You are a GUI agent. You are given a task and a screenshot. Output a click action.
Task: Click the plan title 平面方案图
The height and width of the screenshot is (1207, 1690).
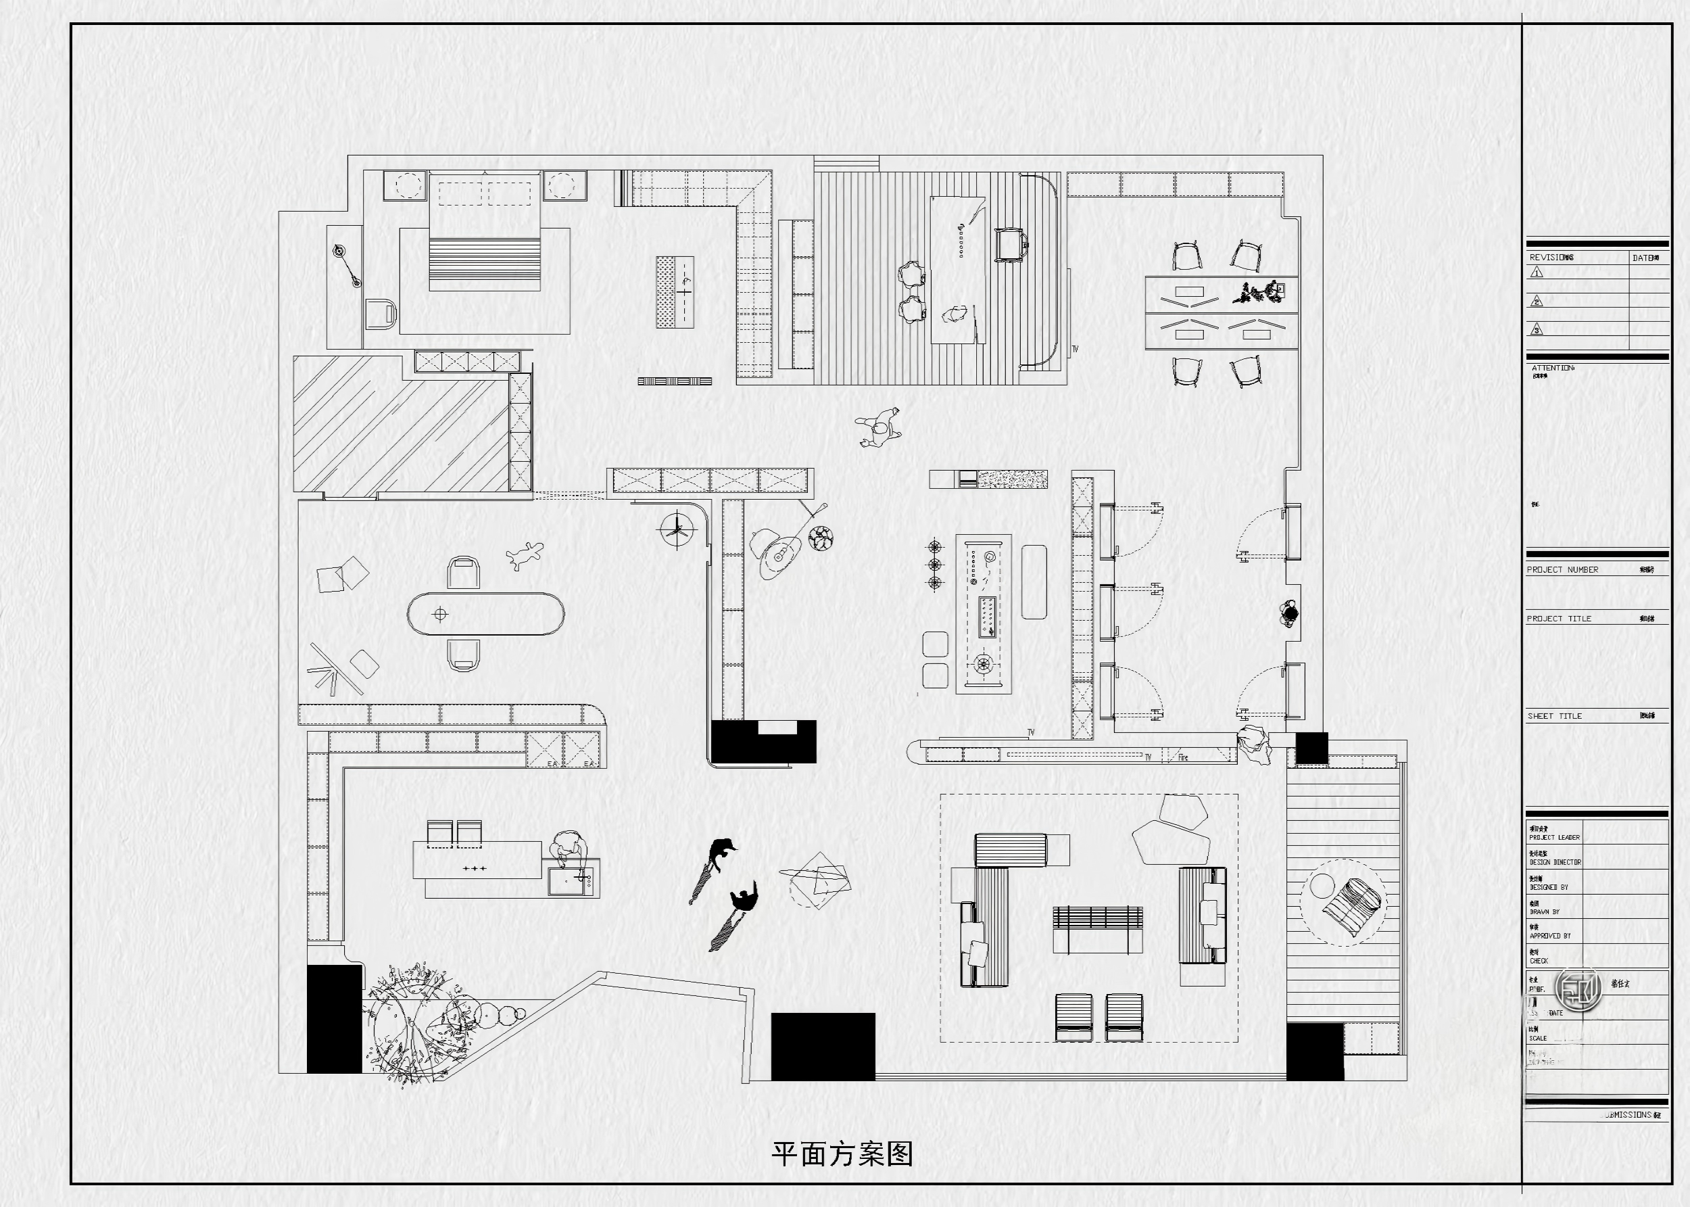(842, 1154)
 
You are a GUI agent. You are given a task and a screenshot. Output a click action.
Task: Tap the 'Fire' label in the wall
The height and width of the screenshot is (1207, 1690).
(1182, 757)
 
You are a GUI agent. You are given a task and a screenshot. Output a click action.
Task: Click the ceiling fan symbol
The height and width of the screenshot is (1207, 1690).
(677, 530)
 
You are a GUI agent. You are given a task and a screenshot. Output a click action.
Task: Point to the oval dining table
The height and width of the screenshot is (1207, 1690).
(485, 614)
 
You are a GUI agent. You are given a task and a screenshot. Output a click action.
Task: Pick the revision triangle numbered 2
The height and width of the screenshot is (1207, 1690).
(1537, 301)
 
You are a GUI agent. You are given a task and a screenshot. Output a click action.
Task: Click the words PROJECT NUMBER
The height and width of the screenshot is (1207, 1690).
(1562, 569)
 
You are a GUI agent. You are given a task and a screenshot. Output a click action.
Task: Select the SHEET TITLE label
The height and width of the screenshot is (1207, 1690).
(1555, 715)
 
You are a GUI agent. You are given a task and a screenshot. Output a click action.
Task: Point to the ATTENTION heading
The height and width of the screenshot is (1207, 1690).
(1553, 368)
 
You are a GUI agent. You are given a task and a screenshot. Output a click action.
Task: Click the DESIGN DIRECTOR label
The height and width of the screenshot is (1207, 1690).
(1555, 862)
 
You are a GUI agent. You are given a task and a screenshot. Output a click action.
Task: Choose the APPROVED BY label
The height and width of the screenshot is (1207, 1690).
(1549, 936)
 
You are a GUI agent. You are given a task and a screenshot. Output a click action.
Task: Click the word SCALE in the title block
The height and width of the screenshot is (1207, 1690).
(1538, 1038)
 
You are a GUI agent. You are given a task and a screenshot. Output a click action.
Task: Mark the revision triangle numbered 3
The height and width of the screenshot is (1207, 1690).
(1537, 329)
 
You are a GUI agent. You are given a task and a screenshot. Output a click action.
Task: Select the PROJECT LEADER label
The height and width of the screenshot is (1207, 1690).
(1554, 837)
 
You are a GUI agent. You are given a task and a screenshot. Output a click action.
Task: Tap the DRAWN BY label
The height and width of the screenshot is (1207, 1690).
(1545, 912)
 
